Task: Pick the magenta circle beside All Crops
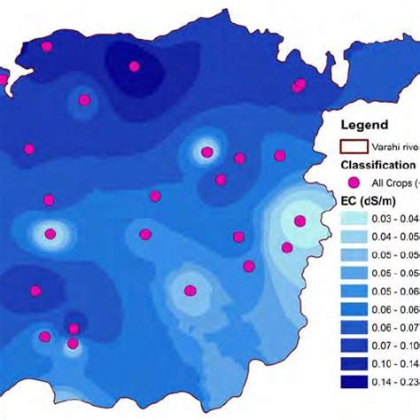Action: pyautogui.click(x=354, y=183)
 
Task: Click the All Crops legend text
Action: pyautogui.click(x=395, y=183)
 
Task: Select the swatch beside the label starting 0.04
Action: pyautogui.click(x=356, y=237)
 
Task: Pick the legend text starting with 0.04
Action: pyautogui.click(x=395, y=237)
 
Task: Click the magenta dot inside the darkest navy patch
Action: pyautogui.click(x=135, y=66)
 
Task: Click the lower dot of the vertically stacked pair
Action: pyautogui.click(x=74, y=343)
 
